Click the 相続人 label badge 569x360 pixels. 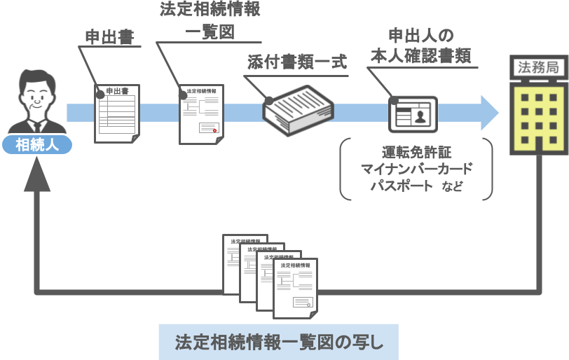[x=37, y=145]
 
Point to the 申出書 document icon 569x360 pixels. [x=117, y=113]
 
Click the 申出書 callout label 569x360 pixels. [x=109, y=36]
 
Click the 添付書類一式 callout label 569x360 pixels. [x=297, y=62]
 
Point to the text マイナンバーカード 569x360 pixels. [x=416, y=169]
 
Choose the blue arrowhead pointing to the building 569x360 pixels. [x=489, y=113]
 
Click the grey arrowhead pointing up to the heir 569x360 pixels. [x=37, y=179]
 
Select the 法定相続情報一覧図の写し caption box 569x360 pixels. [x=278, y=342]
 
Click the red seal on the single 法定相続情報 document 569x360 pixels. [x=216, y=130]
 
